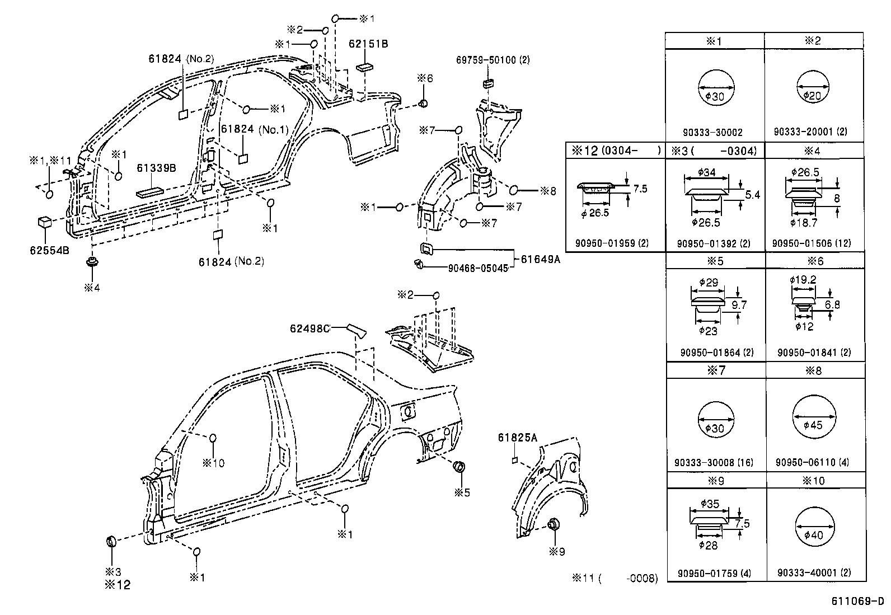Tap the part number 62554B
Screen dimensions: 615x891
(49, 250)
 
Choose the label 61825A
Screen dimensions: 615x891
(517, 438)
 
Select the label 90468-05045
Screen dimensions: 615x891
(478, 268)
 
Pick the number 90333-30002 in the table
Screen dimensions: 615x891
(712, 133)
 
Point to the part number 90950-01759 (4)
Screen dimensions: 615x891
(715, 573)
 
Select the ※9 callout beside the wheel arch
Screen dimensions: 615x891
(557, 552)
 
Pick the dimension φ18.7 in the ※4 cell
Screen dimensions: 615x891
(804, 223)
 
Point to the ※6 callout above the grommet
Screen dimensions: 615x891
(425, 79)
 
